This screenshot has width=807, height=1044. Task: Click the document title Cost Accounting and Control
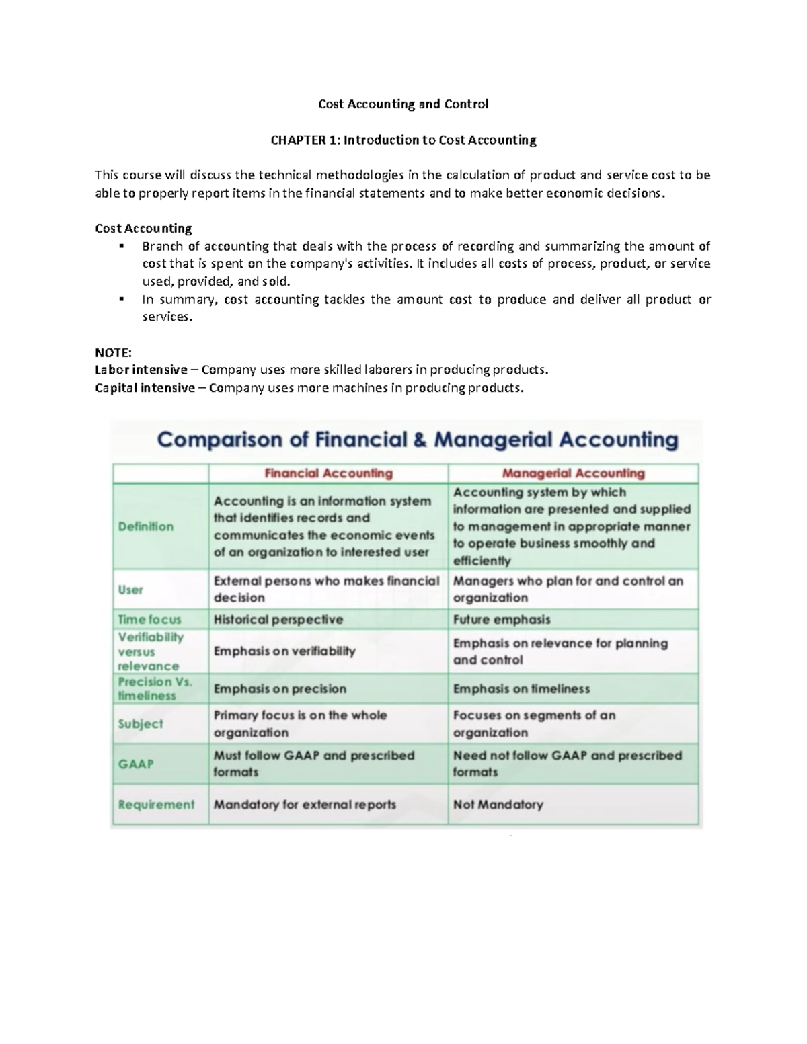pyautogui.click(x=403, y=104)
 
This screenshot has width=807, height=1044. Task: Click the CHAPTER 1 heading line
pyautogui.click(x=403, y=140)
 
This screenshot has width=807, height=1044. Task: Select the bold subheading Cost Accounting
pyautogui.click(x=143, y=229)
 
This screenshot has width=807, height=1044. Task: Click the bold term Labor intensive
pyautogui.click(x=141, y=370)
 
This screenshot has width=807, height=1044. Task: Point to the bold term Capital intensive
pyautogui.click(x=145, y=388)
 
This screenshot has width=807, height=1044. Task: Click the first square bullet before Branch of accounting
pyautogui.click(x=122, y=246)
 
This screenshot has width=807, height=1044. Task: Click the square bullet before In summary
pyautogui.click(x=122, y=299)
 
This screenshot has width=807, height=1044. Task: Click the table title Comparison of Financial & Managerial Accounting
pyautogui.click(x=417, y=440)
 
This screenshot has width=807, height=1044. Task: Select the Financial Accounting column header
pyautogui.click(x=328, y=473)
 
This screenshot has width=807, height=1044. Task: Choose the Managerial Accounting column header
pyautogui.click(x=573, y=473)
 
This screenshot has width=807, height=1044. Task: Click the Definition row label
pyautogui.click(x=146, y=526)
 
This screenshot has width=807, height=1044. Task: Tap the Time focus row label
pyautogui.click(x=149, y=619)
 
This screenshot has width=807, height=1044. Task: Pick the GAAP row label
pyautogui.click(x=136, y=764)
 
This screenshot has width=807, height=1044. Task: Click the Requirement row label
pyautogui.click(x=156, y=805)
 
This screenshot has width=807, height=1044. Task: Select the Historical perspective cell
pyautogui.click(x=278, y=619)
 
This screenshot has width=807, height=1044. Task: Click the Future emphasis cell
pyautogui.click(x=502, y=619)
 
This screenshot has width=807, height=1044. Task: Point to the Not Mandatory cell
pyautogui.click(x=498, y=805)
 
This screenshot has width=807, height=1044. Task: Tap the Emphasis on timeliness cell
pyautogui.click(x=521, y=689)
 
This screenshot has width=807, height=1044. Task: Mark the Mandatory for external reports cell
pyautogui.click(x=305, y=805)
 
